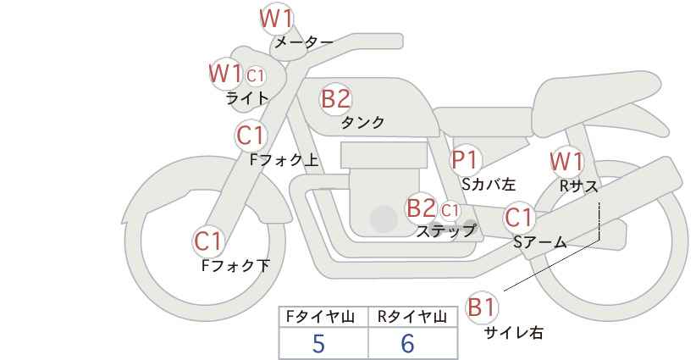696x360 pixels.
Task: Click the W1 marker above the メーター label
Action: click(276, 19)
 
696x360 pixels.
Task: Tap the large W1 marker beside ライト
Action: click(225, 73)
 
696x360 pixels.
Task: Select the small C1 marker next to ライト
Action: click(255, 76)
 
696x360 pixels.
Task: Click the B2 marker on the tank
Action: click(335, 98)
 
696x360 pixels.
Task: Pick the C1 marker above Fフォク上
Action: click(251, 136)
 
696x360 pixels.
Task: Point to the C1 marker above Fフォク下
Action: click(207, 241)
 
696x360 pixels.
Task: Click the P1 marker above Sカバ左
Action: click(465, 160)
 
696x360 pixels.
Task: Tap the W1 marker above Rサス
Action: click(566, 162)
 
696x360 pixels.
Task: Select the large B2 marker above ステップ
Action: click(421, 208)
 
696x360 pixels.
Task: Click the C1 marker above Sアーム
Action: click(518, 218)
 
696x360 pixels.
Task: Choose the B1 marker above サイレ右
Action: click(482, 307)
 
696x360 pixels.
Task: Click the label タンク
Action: click(362, 123)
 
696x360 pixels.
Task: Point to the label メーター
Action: click(304, 42)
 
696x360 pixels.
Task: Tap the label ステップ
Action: click(446, 231)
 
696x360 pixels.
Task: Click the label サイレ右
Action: click(514, 333)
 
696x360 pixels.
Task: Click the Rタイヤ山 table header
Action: click(412, 317)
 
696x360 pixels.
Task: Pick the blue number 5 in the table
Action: click(318, 343)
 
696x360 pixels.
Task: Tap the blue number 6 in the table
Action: click(407, 343)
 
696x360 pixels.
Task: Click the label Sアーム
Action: click(540, 242)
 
